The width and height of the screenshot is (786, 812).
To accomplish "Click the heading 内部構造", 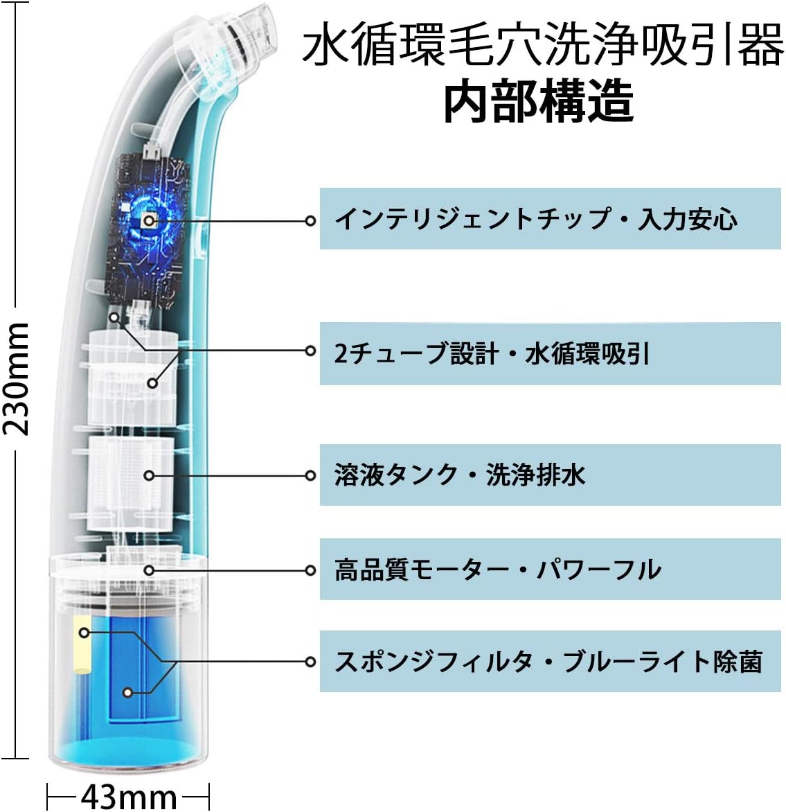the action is point(538,102).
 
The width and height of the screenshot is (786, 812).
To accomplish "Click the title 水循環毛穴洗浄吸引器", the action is point(543,46).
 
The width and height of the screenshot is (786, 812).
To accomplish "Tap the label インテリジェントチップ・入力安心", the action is point(535,220).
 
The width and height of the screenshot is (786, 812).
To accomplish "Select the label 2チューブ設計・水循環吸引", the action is point(492,353).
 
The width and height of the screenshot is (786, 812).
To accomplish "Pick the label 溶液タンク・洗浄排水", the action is point(460,475).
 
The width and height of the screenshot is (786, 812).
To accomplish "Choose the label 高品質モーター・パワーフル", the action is point(497,570).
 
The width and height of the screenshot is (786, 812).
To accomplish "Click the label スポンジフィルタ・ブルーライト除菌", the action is point(548,662).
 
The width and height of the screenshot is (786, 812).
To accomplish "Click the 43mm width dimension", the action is point(127,796).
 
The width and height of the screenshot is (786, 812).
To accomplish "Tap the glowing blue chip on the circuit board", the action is point(148,220).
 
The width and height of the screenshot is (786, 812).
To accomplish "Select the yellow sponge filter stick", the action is point(82,644).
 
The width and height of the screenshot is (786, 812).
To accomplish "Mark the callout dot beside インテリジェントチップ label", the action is point(311,220).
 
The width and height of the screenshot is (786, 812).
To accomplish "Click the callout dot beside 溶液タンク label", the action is point(311,476).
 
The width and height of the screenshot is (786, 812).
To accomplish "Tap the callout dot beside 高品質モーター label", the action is point(311,570).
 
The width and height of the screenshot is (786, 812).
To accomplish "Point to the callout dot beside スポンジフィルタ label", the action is point(311,662).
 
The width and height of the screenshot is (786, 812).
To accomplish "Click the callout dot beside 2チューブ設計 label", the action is point(311,351).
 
